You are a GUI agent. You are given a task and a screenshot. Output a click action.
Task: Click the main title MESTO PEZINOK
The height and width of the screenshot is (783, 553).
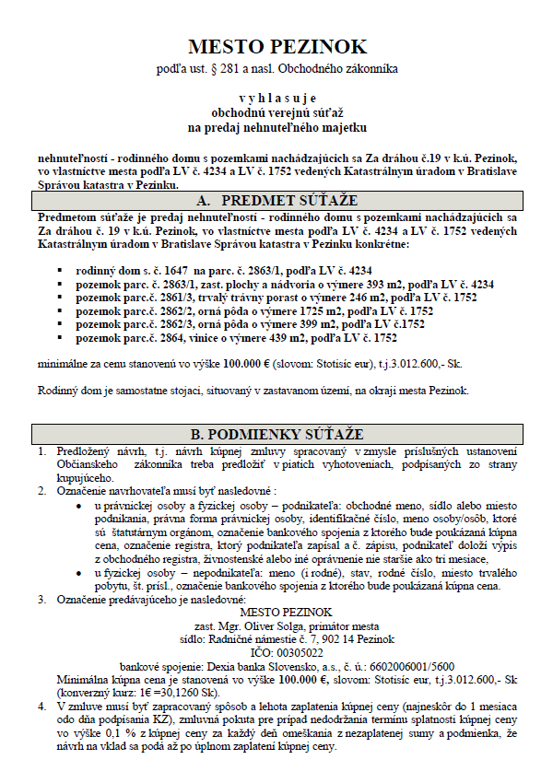pos(276,46)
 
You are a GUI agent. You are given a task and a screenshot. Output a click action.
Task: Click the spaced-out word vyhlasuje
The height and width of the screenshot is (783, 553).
pos(276,95)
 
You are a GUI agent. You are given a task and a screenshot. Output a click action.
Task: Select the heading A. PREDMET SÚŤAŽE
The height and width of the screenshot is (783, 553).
pos(276,200)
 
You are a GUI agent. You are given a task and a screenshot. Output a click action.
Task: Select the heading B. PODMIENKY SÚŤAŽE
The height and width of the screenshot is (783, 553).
pos(276,434)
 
